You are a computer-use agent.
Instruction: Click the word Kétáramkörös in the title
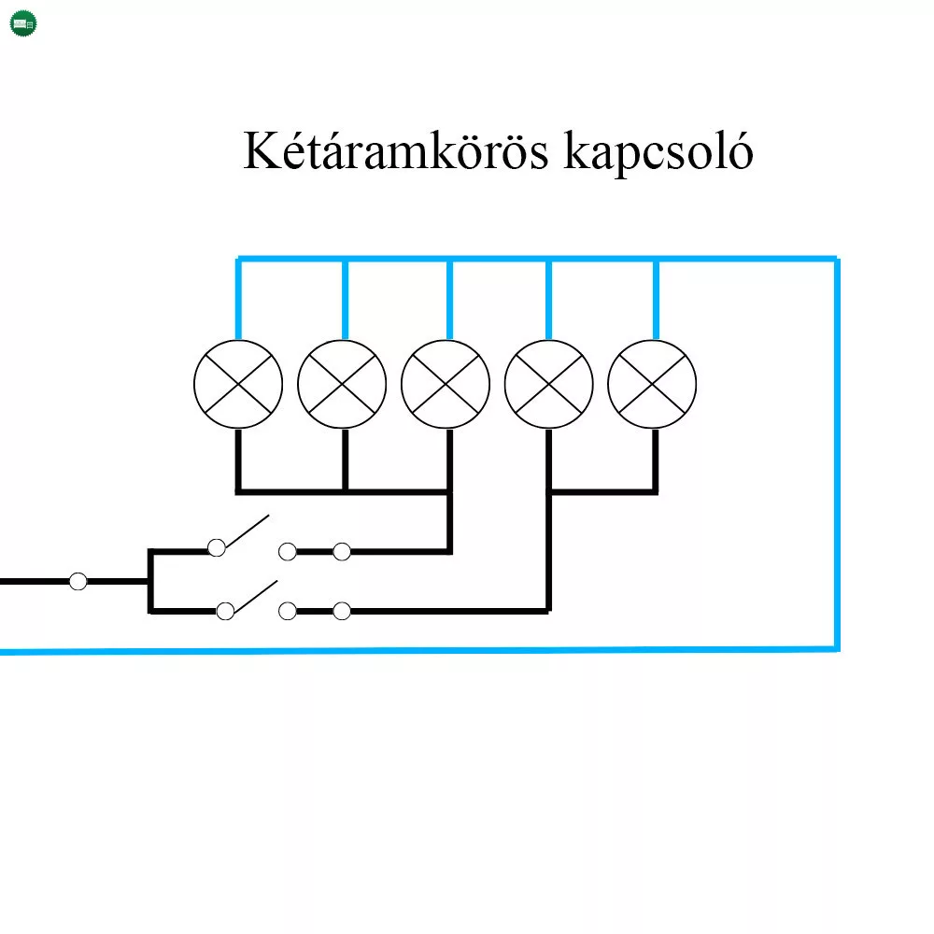coord(395,152)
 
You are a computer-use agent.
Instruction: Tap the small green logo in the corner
coord(23,23)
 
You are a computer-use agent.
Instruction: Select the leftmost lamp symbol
coord(238,385)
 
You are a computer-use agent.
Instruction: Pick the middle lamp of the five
coord(446,385)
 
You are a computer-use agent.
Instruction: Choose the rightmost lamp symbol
coord(652,385)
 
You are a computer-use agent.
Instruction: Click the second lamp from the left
coord(342,385)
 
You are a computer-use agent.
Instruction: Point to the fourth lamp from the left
coord(548,385)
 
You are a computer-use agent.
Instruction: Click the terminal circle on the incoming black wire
coord(78,582)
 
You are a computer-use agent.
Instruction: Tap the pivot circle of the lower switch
coord(225,611)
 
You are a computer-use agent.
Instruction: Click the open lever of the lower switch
coord(254,595)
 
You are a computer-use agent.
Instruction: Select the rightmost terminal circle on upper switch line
coord(342,552)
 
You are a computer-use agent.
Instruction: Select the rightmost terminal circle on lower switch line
coord(342,611)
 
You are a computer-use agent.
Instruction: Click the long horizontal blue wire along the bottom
coord(420,650)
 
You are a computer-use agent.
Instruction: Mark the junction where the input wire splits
coord(149,582)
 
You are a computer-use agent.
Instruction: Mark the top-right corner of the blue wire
coord(836,260)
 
